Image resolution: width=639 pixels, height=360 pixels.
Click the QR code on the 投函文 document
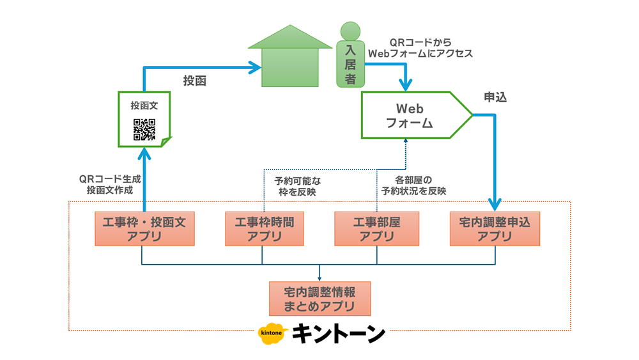[x=144, y=130]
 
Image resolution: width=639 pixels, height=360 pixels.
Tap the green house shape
[x=291, y=61]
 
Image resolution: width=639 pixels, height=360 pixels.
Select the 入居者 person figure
[x=350, y=57]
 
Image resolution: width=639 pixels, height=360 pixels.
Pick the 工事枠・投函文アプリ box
[x=144, y=228]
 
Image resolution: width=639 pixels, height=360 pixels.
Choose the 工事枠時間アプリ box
[x=263, y=228]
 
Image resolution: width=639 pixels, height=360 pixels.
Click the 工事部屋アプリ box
[x=376, y=228]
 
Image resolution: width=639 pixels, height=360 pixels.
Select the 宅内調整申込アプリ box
[x=495, y=228]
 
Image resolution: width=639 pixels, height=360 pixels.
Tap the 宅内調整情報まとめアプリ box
[x=319, y=299]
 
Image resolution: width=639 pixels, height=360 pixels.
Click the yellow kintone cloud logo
[x=272, y=334]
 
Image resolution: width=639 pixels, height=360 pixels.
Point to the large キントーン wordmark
[x=339, y=334]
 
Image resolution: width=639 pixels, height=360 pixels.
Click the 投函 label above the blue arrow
[x=195, y=81]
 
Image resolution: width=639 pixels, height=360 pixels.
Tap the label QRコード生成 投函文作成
[x=106, y=185]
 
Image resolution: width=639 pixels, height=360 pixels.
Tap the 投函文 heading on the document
[x=144, y=105]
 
